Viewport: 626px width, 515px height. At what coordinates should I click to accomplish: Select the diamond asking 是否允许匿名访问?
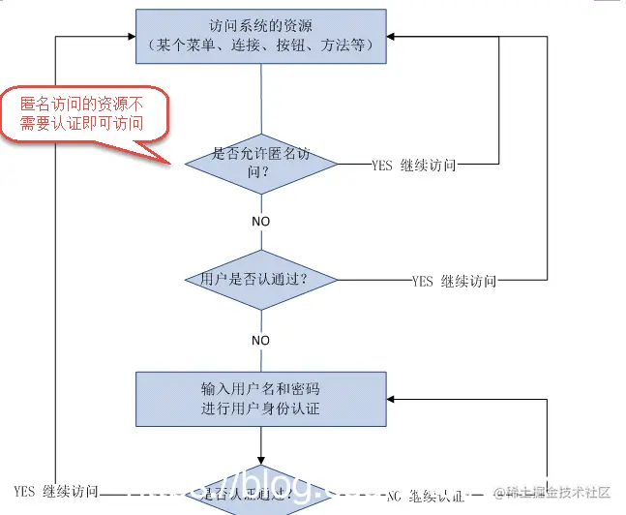(260, 163)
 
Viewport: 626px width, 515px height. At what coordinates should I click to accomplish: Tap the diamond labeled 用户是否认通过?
(260, 279)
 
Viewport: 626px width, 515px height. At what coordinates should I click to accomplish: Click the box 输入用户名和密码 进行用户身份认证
(260, 399)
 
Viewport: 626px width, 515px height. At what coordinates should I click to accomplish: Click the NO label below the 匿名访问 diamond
(260, 221)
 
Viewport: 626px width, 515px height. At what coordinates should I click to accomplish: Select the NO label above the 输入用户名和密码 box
(260, 341)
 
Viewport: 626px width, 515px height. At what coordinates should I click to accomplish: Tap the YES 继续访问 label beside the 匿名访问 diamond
(413, 165)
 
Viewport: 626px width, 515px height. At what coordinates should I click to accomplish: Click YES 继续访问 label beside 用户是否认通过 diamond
(454, 282)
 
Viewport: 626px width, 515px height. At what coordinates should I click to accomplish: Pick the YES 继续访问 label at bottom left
(56, 492)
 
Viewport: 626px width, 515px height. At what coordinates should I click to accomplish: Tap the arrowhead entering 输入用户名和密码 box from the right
(392, 399)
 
